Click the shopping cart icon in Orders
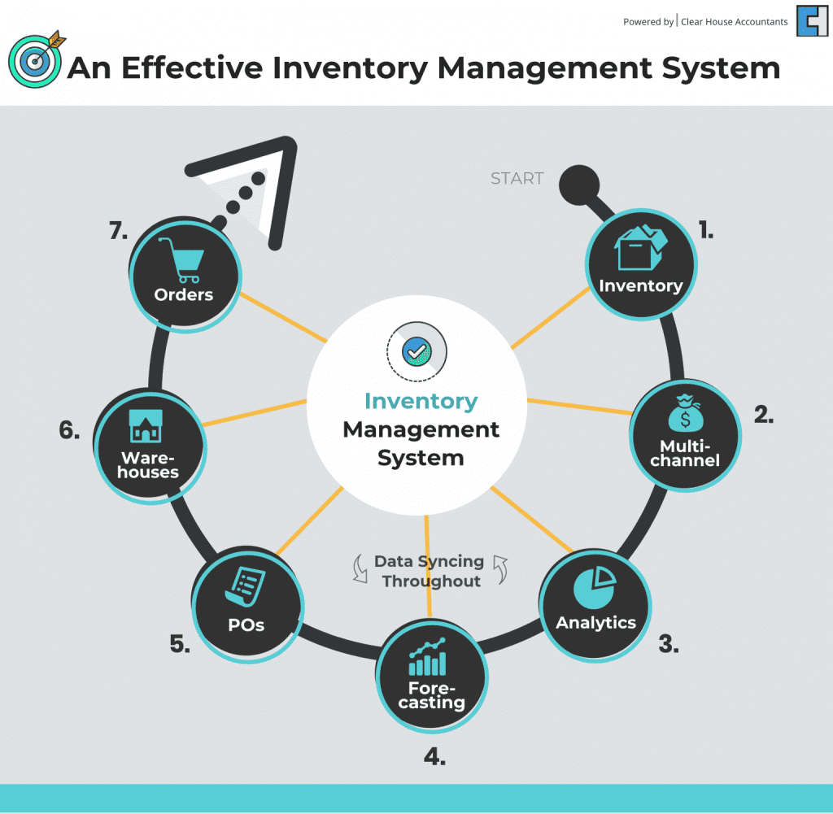182,259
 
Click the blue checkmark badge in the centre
417,350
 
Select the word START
517,179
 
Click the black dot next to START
578,185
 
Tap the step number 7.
119,231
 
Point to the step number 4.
434,756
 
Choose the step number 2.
763,415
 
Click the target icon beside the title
34,62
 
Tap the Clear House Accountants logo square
812,21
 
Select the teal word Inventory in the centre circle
421,402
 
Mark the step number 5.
181,645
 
